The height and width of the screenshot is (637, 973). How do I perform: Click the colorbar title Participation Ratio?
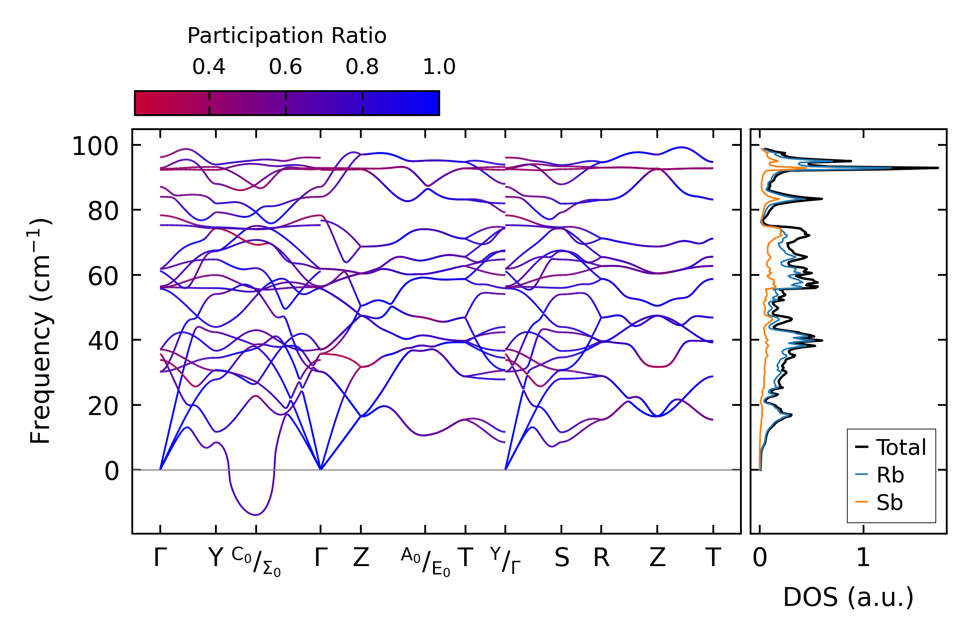click(287, 36)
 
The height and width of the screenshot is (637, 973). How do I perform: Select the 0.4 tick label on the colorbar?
click(209, 67)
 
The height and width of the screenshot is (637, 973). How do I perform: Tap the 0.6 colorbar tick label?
click(286, 67)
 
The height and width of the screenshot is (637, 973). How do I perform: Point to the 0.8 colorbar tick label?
click(362, 67)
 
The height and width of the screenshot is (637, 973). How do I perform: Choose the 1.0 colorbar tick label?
click(439, 67)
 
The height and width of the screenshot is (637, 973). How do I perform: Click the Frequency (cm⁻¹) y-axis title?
click(40, 331)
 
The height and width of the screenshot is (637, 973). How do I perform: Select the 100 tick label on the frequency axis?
click(95, 146)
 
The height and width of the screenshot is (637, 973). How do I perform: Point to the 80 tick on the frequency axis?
click(103, 211)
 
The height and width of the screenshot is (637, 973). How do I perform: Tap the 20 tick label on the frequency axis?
click(103, 406)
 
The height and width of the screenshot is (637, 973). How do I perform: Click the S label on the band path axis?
click(562, 558)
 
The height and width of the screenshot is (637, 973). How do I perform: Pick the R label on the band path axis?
click(601, 558)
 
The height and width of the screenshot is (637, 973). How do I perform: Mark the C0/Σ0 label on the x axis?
click(256, 561)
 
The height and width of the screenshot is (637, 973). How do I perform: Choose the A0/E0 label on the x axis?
click(425, 561)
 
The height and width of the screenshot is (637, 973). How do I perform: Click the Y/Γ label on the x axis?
click(505, 560)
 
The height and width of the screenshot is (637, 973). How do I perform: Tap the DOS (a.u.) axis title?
click(848, 598)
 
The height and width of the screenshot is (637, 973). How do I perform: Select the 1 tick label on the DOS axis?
click(863, 558)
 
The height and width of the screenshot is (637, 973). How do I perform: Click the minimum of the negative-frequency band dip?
click(256, 514)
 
